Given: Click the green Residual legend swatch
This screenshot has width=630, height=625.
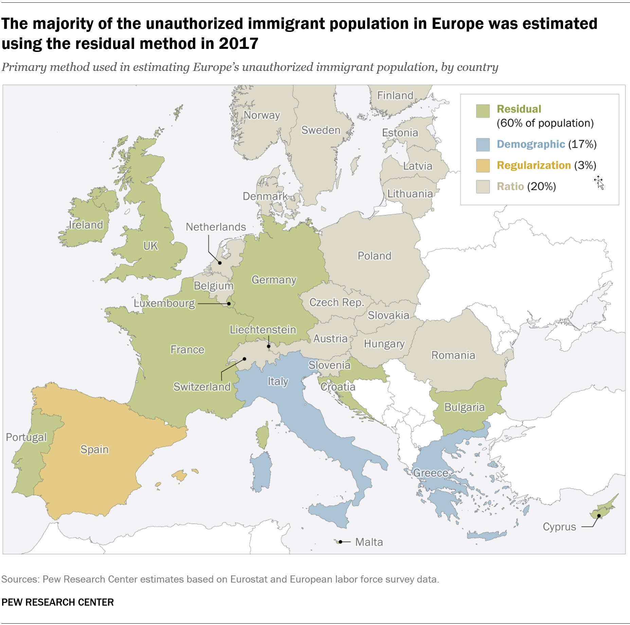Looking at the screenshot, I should point(483,111).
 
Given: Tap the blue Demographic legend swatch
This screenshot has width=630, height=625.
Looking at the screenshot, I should point(483,145).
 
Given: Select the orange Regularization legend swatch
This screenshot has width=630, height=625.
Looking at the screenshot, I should point(483,166).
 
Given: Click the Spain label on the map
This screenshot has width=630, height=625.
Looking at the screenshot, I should point(94,449).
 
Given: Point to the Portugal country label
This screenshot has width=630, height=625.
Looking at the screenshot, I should point(26,437).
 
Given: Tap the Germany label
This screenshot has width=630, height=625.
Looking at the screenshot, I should point(274,280).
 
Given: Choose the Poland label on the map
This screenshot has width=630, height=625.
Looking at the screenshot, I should point(374,256).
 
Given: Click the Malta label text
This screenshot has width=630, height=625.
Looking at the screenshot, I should point(369,542).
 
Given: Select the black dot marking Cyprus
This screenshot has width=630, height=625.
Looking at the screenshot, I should point(599,516).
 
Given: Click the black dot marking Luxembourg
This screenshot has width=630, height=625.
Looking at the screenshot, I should point(229,304).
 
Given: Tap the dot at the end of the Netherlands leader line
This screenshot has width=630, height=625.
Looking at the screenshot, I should point(220,263).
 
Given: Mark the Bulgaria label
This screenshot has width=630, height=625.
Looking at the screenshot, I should point(464,407).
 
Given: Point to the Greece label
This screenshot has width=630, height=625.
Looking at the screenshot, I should point(430,473).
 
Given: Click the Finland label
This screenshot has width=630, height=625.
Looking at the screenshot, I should point(395,95).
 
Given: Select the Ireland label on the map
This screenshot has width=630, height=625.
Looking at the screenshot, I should point(86,225).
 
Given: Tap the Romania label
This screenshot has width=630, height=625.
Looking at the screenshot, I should point(453,355).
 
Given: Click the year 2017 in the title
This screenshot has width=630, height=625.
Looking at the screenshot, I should point(238,44).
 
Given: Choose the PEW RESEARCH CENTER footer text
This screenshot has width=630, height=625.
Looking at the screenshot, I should point(58,602).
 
